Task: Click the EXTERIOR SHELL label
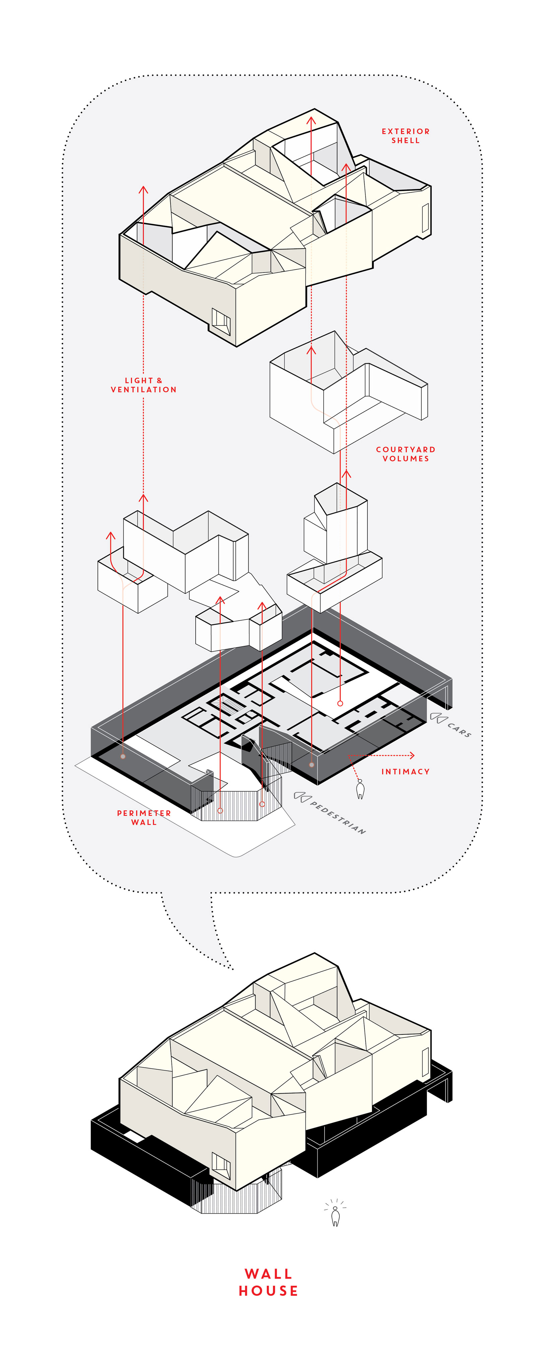click(405, 135)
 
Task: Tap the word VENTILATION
click(143, 389)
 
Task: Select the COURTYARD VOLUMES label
click(405, 454)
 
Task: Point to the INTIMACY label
click(405, 771)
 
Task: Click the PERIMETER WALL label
click(144, 818)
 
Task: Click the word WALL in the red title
click(268, 1273)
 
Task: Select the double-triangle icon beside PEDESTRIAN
click(302, 796)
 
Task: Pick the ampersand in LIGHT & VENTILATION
click(159, 381)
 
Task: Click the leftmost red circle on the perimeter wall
click(123, 756)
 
